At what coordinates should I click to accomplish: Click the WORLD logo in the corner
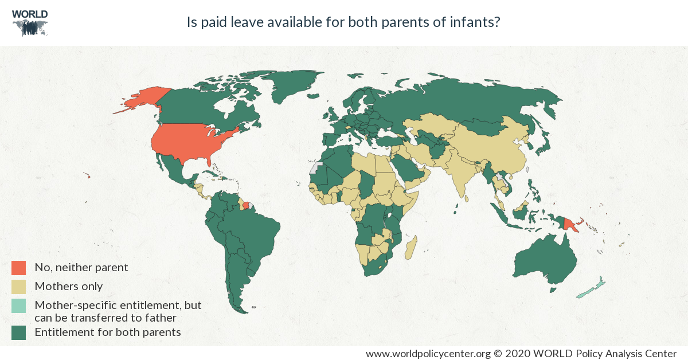(30, 23)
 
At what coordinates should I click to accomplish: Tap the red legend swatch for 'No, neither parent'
(18, 268)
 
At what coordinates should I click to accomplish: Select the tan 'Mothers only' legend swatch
(18, 287)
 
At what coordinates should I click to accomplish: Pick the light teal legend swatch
(18, 306)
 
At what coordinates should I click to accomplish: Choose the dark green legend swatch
(18, 332)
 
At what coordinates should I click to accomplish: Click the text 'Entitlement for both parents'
(108, 332)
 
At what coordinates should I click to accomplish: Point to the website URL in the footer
(428, 354)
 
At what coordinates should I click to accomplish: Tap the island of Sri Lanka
(467, 199)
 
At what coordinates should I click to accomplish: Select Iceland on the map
(314, 96)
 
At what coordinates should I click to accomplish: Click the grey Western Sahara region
(315, 167)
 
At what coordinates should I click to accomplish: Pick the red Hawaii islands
(87, 175)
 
